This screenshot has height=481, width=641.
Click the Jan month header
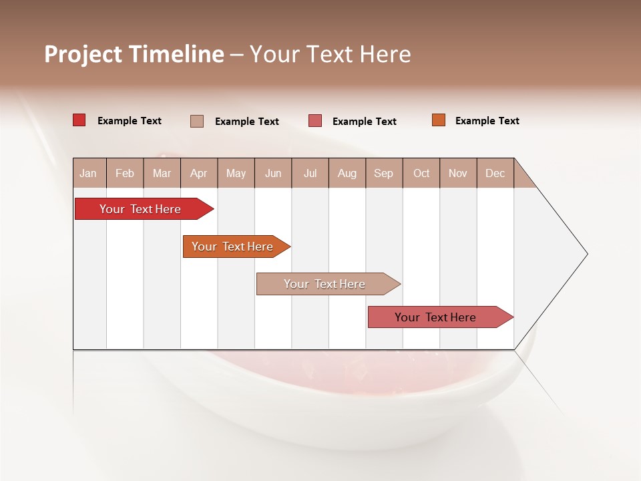[x=88, y=173]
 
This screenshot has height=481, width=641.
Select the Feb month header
[x=125, y=173]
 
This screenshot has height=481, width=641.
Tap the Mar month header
[x=162, y=173]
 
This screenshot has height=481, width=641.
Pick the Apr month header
[x=199, y=173]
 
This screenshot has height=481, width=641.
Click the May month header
[x=236, y=173]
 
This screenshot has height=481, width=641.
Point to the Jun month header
[x=273, y=173]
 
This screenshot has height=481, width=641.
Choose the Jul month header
[x=310, y=173]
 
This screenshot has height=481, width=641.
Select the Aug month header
[x=347, y=173]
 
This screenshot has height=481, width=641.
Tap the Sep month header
[x=384, y=173]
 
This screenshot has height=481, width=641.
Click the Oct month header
[x=421, y=173]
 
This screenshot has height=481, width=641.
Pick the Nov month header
[x=458, y=173]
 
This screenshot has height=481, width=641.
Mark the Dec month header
[x=495, y=173]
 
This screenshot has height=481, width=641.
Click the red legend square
[x=79, y=120]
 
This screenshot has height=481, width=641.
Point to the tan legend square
[x=197, y=121]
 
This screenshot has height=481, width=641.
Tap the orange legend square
[x=439, y=120]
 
